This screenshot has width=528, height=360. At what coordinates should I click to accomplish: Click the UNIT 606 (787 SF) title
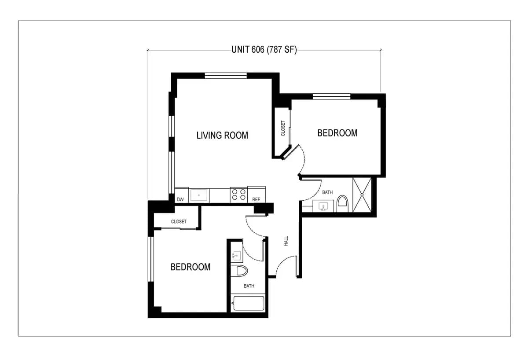264,50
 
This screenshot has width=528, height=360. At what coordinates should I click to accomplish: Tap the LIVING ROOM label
222,135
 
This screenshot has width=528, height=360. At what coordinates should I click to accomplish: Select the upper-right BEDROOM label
337,133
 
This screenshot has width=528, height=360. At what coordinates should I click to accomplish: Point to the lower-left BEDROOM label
191,267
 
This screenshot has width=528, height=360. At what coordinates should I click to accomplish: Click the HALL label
286,241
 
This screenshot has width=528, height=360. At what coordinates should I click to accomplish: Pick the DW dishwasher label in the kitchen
180,199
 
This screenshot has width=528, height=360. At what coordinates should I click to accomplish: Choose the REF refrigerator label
256,199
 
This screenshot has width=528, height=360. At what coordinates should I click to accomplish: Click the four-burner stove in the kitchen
238,195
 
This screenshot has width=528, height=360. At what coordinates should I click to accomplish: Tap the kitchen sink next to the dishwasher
199,195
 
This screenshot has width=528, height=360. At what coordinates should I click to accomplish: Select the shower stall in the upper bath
362,195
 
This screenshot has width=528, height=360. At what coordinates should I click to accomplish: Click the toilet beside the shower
342,204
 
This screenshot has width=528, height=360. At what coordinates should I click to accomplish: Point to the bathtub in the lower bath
249,304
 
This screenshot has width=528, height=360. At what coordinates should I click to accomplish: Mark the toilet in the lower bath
242,270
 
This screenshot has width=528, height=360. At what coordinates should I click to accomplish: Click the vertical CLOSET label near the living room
283,129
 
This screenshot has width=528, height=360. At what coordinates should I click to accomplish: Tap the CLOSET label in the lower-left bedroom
179,221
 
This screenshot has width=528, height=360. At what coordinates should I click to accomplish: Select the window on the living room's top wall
226,75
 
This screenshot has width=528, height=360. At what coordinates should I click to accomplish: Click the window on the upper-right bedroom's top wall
331,96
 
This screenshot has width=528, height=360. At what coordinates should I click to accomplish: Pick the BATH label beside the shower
327,192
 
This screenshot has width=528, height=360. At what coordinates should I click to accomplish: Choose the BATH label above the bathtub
249,286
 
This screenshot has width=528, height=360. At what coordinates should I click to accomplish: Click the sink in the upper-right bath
323,206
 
